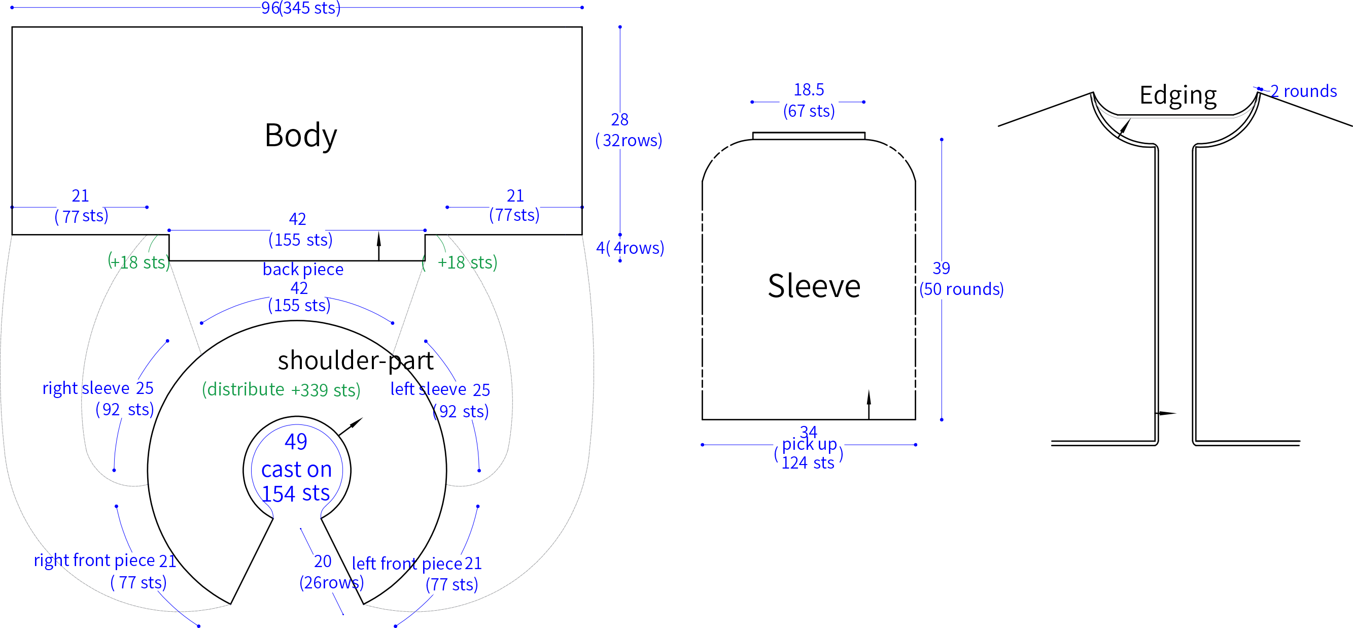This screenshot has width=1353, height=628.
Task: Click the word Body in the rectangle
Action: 300,136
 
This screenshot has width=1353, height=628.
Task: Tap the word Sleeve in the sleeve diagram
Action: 814,286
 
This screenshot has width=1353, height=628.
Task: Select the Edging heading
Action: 1177,95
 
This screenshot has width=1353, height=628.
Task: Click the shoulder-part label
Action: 356,360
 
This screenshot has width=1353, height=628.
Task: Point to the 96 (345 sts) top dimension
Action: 301,8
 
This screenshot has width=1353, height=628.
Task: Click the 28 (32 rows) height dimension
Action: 628,130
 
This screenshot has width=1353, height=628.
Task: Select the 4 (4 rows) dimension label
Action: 630,248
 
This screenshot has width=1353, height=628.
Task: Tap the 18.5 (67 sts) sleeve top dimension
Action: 809,101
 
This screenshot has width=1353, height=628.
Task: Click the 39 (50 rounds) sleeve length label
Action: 961,279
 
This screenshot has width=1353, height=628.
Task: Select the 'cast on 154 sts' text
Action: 296,481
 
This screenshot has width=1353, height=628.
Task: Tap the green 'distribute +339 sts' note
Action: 281,389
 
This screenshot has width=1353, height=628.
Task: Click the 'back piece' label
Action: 303,269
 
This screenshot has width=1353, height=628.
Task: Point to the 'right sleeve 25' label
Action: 98,388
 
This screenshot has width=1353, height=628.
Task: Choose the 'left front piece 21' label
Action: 417,564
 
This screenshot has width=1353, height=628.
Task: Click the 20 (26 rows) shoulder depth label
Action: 331,572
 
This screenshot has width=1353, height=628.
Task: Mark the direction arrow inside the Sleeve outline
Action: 869,404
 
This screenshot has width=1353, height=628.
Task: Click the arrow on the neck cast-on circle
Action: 351,426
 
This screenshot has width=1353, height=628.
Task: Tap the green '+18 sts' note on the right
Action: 467,262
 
